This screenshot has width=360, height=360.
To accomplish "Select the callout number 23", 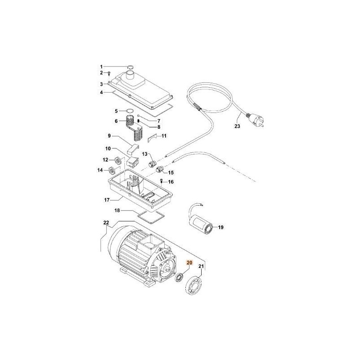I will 237,126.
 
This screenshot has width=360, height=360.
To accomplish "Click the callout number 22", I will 106,223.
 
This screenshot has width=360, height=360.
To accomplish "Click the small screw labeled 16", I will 162,181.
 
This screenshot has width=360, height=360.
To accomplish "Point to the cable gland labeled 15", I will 159,170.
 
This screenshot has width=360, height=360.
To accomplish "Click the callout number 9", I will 108,135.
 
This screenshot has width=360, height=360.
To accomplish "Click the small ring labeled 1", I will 129,67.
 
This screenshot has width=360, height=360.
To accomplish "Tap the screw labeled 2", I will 109,73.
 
